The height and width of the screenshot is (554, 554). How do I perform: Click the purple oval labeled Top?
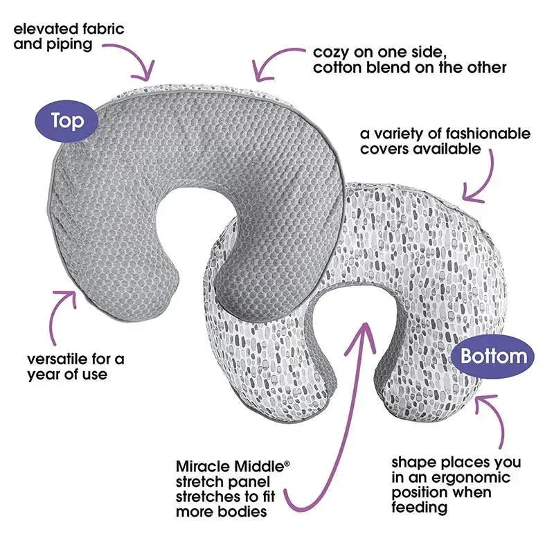[x=67, y=121]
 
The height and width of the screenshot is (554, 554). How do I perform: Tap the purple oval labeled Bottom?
[x=493, y=357]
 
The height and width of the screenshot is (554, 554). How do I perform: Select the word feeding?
[x=420, y=508]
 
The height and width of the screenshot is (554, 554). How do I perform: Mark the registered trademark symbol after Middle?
[x=287, y=461]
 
